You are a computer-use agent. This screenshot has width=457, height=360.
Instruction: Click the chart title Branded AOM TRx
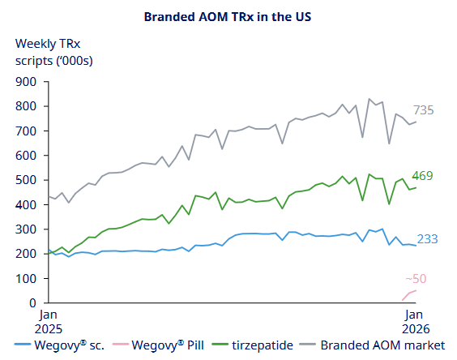(x=228, y=16)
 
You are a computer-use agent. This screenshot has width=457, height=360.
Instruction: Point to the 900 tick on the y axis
(x=27, y=82)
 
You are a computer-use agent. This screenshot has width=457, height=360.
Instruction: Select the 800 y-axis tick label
(x=27, y=106)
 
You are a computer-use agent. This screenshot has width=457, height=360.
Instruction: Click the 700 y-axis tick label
(x=27, y=131)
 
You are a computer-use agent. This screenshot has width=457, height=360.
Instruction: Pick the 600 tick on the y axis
(x=27, y=156)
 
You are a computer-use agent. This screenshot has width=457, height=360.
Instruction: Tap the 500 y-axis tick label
(x=27, y=180)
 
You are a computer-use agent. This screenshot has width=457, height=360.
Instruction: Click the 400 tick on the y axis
(x=27, y=205)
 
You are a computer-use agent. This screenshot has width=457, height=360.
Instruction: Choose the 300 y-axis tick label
(x=27, y=229)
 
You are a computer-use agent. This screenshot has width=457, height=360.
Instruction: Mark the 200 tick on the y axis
(x=27, y=254)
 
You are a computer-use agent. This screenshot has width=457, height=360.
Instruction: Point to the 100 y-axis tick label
(x=27, y=279)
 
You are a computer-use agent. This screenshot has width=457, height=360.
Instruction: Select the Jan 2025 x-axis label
(x=49, y=320)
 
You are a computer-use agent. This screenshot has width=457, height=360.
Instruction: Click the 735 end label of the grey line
(x=425, y=110)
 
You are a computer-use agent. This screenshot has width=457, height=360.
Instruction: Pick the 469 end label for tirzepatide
(x=422, y=176)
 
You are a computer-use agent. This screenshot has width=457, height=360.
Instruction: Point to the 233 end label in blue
(x=428, y=239)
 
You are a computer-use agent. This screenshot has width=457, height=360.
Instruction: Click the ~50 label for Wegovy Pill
(x=416, y=279)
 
